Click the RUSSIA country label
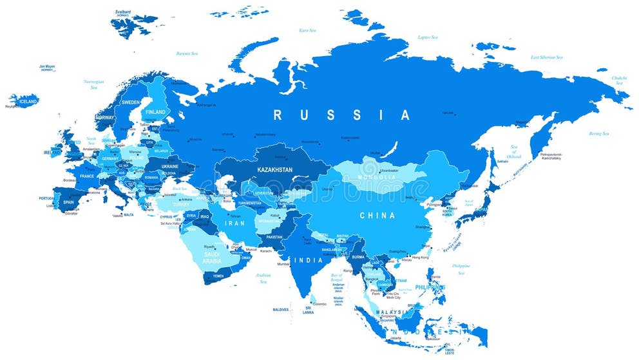click(x=341, y=115)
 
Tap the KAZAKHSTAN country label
click(x=274, y=169)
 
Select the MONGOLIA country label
click(x=377, y=177)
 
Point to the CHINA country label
click(x=377, y=215)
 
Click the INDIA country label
click(x=309, y=260)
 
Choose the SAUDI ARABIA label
click(x=212, y=258)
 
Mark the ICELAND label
click(x=28, y=102)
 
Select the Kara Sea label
click(x=307, y=30)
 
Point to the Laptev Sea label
click(x=428, y=37)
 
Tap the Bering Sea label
click(x=598, y=133)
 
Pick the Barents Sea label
click(x=187, y=53)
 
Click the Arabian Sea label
click(x=263, y=278)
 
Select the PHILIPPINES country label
click(x=430, y=287)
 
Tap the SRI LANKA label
click(x=309, y=310)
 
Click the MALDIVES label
click(x=280, y=310)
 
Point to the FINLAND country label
click(x=155, y=111)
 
